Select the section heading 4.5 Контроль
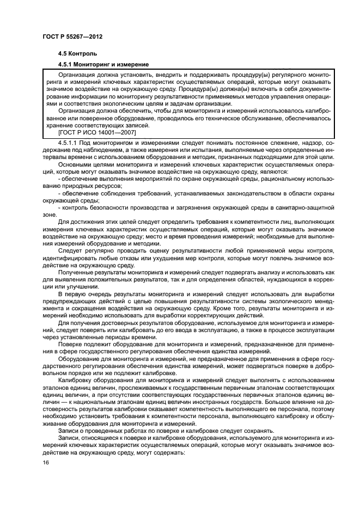(78, 54)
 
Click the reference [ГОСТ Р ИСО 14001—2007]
(97, 132)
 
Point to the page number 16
(45, 462)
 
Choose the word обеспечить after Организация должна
(135, 111)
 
